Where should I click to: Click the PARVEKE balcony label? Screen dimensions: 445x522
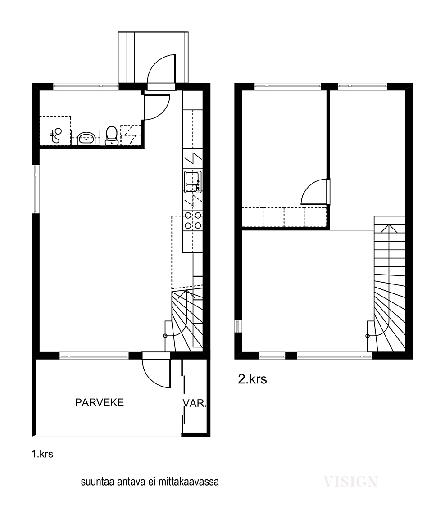point(99,402)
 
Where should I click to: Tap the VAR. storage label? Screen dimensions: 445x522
point(195,403)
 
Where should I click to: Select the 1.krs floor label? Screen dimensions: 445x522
point(42,454)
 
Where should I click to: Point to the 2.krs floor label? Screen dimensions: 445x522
point(252,379)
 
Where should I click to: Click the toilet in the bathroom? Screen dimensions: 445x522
point(112,135)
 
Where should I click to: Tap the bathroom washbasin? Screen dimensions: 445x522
point(86,138)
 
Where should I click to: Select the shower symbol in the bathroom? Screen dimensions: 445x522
point(56,135)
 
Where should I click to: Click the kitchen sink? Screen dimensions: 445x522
point(192,181)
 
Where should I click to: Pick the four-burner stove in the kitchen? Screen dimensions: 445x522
point(193,220)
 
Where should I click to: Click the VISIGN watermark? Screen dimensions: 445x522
point(350,481)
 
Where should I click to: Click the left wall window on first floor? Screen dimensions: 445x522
point(36,189)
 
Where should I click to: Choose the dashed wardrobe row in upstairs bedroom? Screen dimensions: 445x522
point(284,217)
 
